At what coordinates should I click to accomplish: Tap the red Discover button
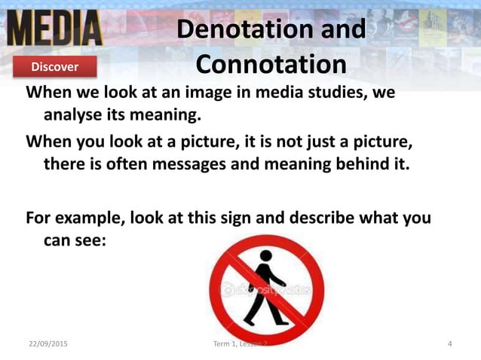(x=54, y=67)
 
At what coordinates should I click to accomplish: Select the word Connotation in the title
(x=271, y=64)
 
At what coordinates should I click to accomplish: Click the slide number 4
(x=449, y=344)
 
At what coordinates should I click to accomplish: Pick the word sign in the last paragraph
(x=250, y=218)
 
